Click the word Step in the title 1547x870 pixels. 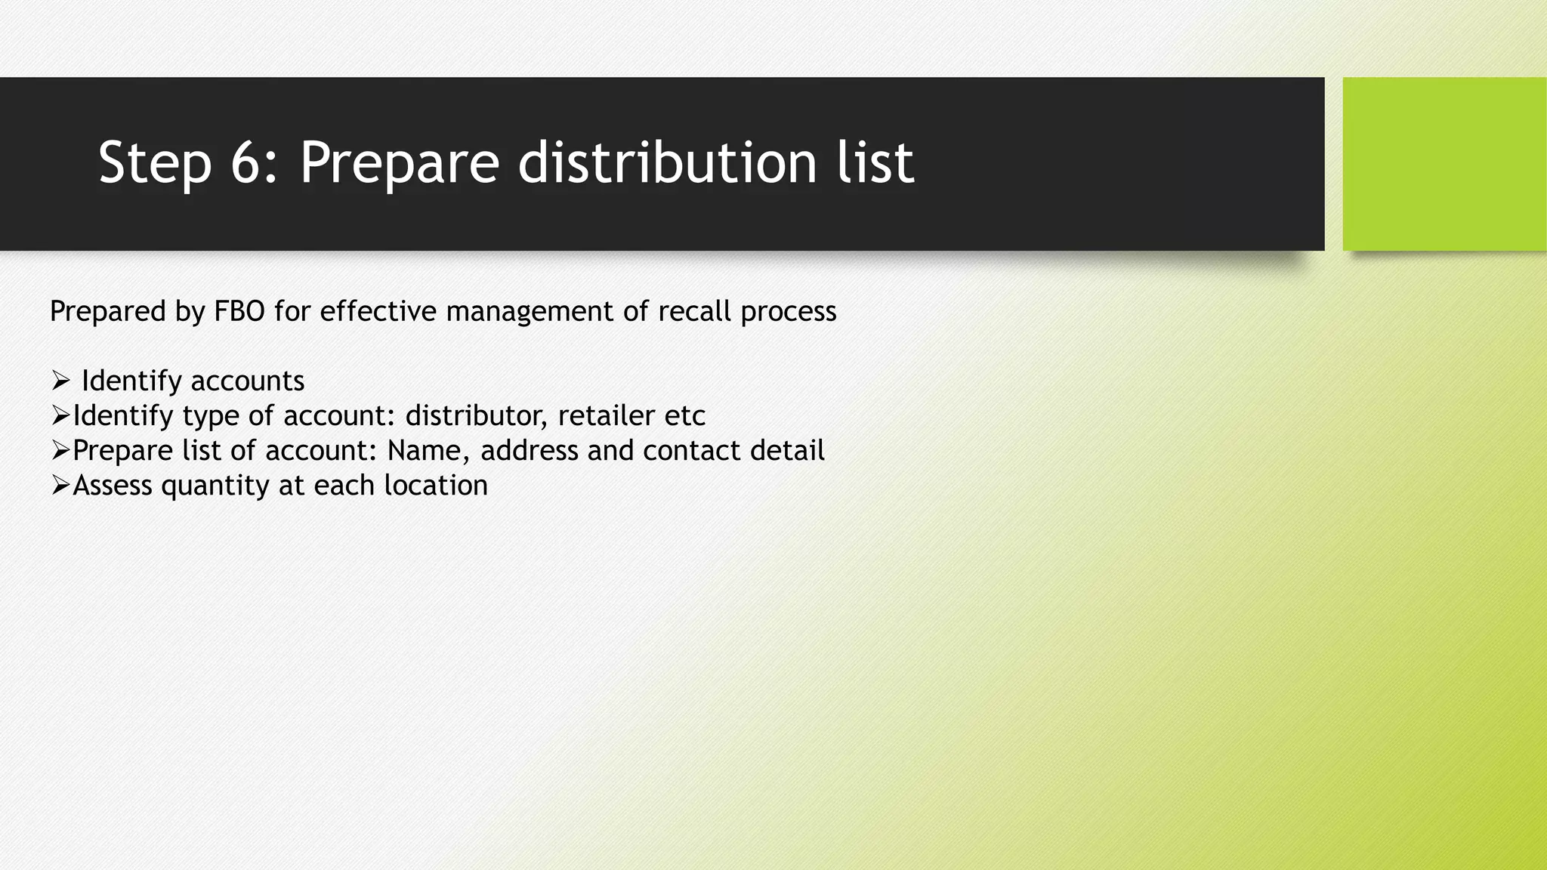(154, 163)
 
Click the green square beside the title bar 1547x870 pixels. (1444, 164)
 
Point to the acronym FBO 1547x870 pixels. (239, 311)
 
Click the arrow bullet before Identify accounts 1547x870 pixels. (61, 381)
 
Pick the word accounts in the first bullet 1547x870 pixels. (247, 381)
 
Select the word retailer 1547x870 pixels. (607, 415)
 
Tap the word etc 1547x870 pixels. (685, 415)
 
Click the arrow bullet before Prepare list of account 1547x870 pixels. (60, 450)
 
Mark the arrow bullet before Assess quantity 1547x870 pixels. (60, 485)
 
